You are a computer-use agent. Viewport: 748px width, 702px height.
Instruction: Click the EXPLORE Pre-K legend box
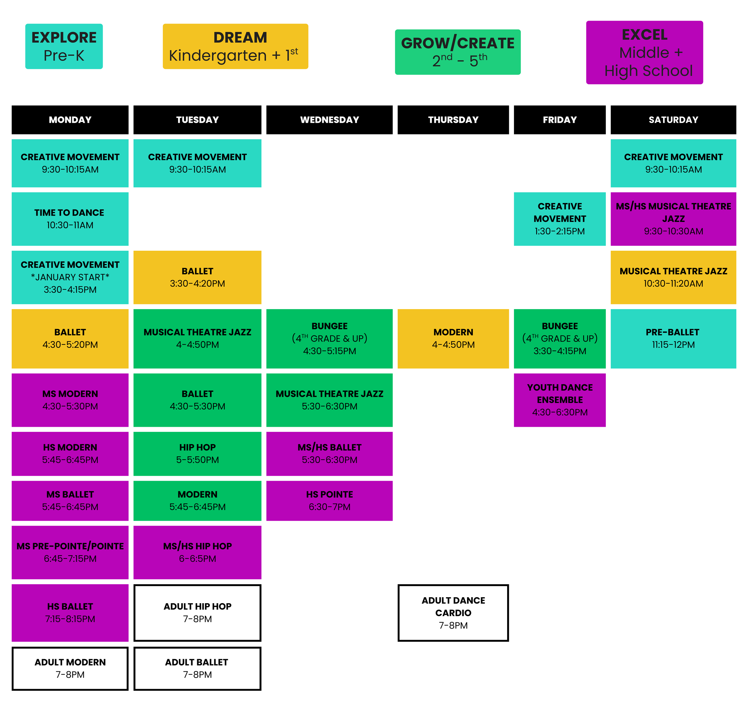[64, 46]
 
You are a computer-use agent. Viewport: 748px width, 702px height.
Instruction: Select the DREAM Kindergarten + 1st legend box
[235, 46]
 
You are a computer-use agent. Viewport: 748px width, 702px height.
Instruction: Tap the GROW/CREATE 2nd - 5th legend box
[457, 52]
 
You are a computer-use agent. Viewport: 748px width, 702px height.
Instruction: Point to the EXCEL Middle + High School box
[644, 52]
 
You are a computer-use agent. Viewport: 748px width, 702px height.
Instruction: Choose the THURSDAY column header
[453, 120]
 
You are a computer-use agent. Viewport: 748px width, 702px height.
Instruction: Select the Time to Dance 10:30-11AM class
[70, 219]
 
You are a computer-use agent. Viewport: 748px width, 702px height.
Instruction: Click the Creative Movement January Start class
[70, 277]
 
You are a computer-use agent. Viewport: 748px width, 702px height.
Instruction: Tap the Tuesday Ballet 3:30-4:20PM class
[197, 277]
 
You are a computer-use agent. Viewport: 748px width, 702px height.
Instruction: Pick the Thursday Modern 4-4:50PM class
[453, 339]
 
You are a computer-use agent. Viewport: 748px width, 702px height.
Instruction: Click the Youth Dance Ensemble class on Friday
[560, 400]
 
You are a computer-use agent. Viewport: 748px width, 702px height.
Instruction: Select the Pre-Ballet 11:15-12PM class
[673, 339]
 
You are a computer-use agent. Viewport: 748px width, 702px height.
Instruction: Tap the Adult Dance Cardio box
[453, 613]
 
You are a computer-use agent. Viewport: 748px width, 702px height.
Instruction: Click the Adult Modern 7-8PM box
[70, 668]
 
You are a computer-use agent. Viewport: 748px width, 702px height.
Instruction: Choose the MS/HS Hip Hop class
[197, 552]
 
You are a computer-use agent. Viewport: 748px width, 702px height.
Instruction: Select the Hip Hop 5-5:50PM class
[197, 453]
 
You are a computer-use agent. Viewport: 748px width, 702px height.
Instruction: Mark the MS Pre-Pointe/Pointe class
[70, 552]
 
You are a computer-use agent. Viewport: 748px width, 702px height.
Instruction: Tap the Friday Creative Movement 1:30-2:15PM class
[560, 219]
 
